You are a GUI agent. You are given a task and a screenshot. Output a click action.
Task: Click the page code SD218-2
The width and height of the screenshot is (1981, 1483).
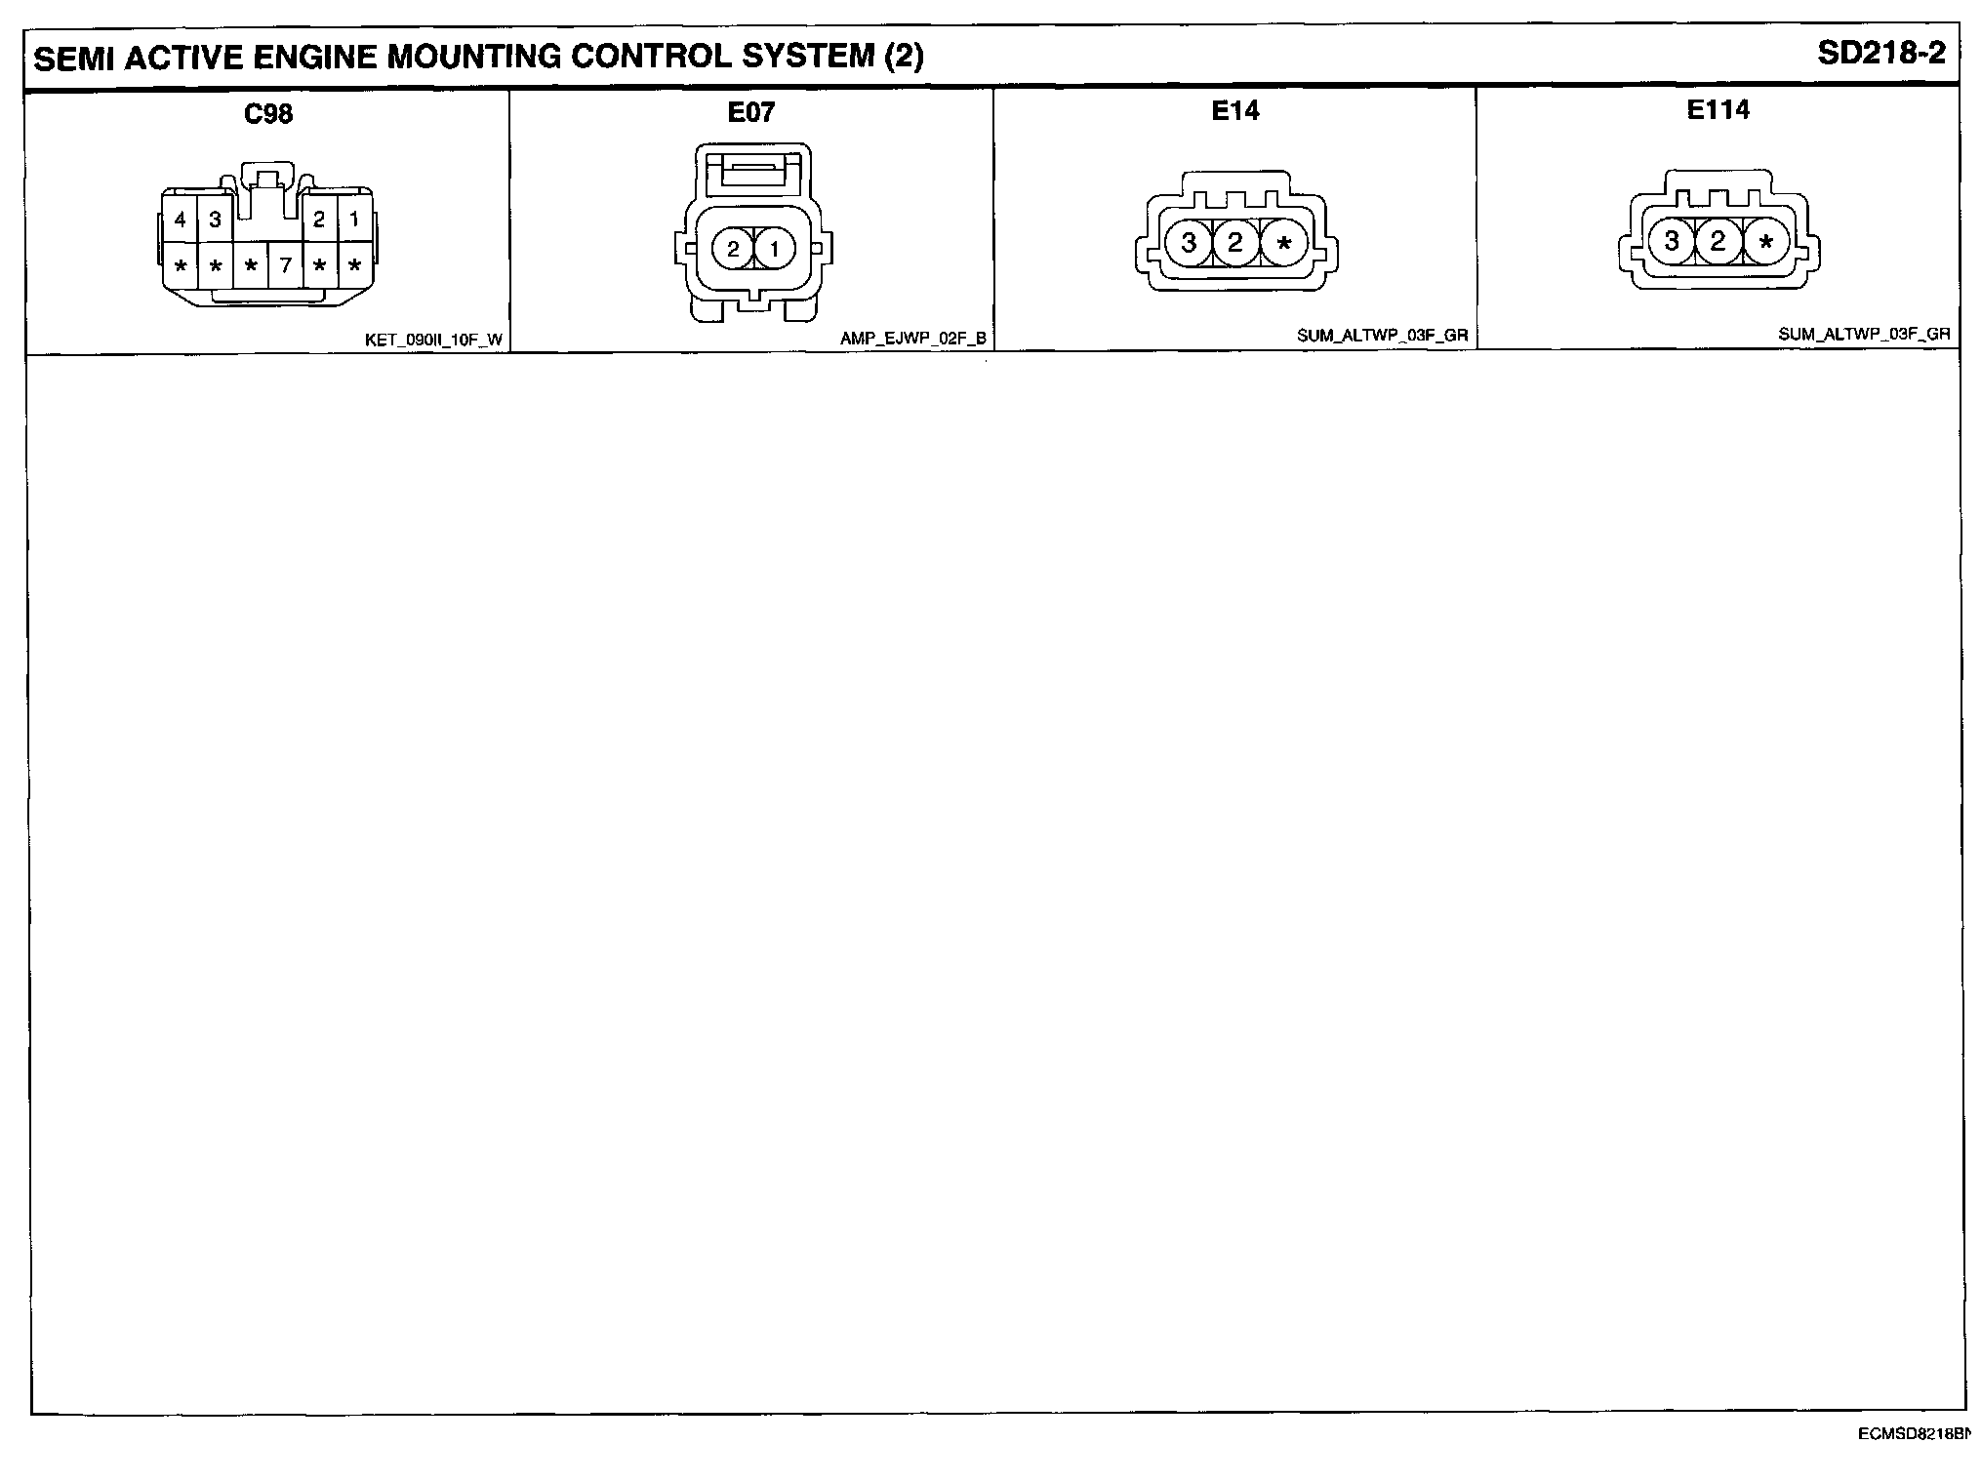coord(1880,54)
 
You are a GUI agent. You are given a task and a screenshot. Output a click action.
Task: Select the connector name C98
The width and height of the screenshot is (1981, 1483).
coord(268,114)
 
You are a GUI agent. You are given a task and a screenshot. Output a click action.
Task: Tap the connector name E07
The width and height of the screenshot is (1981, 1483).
coord(750,113)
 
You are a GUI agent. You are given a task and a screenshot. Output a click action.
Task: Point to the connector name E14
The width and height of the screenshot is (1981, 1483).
coord(1234,111)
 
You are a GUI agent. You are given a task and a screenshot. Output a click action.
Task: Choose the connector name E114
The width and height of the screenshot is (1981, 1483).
coord(1718,110)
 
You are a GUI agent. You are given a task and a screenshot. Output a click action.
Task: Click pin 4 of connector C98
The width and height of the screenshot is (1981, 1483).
coord(181,220)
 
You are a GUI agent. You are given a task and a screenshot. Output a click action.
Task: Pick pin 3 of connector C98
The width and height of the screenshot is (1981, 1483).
coord(215,220)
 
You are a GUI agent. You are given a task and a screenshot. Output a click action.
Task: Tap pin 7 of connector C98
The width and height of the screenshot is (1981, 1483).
coord(285,265)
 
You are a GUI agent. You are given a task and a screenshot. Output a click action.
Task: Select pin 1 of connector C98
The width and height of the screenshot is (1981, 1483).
coord(354,220)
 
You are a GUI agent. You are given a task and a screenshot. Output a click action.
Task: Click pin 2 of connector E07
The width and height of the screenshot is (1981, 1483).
coord(733,250)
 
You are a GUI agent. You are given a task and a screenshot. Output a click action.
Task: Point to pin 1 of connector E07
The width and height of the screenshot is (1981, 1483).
coord(775,250)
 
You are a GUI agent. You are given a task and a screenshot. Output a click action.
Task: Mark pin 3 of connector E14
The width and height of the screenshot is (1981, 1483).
coord(1189,242)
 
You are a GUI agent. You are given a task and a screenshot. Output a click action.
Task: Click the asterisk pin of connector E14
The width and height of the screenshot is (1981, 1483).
coord(1283,243)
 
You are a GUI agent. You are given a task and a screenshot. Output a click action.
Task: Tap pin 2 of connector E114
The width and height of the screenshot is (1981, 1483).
coord(1718,241)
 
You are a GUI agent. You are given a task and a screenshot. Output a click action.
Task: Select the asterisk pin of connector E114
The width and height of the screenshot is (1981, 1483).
coord(1765,242)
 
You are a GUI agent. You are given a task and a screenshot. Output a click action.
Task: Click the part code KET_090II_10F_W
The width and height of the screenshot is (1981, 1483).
coord(433,341)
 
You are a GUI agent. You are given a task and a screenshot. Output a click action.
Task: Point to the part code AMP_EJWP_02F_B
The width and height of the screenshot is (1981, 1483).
coord(913,340)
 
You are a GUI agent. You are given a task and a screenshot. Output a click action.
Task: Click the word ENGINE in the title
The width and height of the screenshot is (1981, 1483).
coord(314,58)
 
